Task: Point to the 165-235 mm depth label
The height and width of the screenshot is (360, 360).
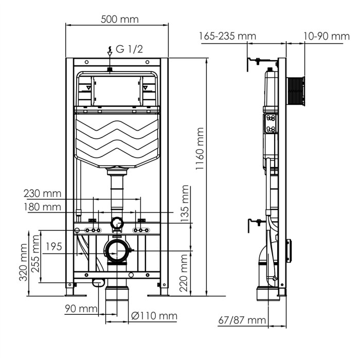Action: tap(227, 36)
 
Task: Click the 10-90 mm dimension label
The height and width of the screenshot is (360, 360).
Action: tap(326, 36)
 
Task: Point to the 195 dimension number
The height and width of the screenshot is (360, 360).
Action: tap(53, 247)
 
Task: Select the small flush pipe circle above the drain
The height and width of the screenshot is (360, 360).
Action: tap(117, 223)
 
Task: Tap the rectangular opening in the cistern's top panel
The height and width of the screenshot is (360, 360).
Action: tap(116, 90)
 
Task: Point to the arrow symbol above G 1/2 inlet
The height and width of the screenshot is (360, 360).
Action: tap(110, 50)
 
